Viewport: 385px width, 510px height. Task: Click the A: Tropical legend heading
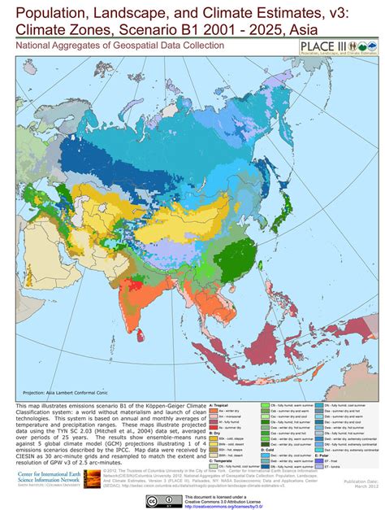(x=221, y=403)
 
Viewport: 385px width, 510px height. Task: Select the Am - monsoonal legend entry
(x=231, y=416)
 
